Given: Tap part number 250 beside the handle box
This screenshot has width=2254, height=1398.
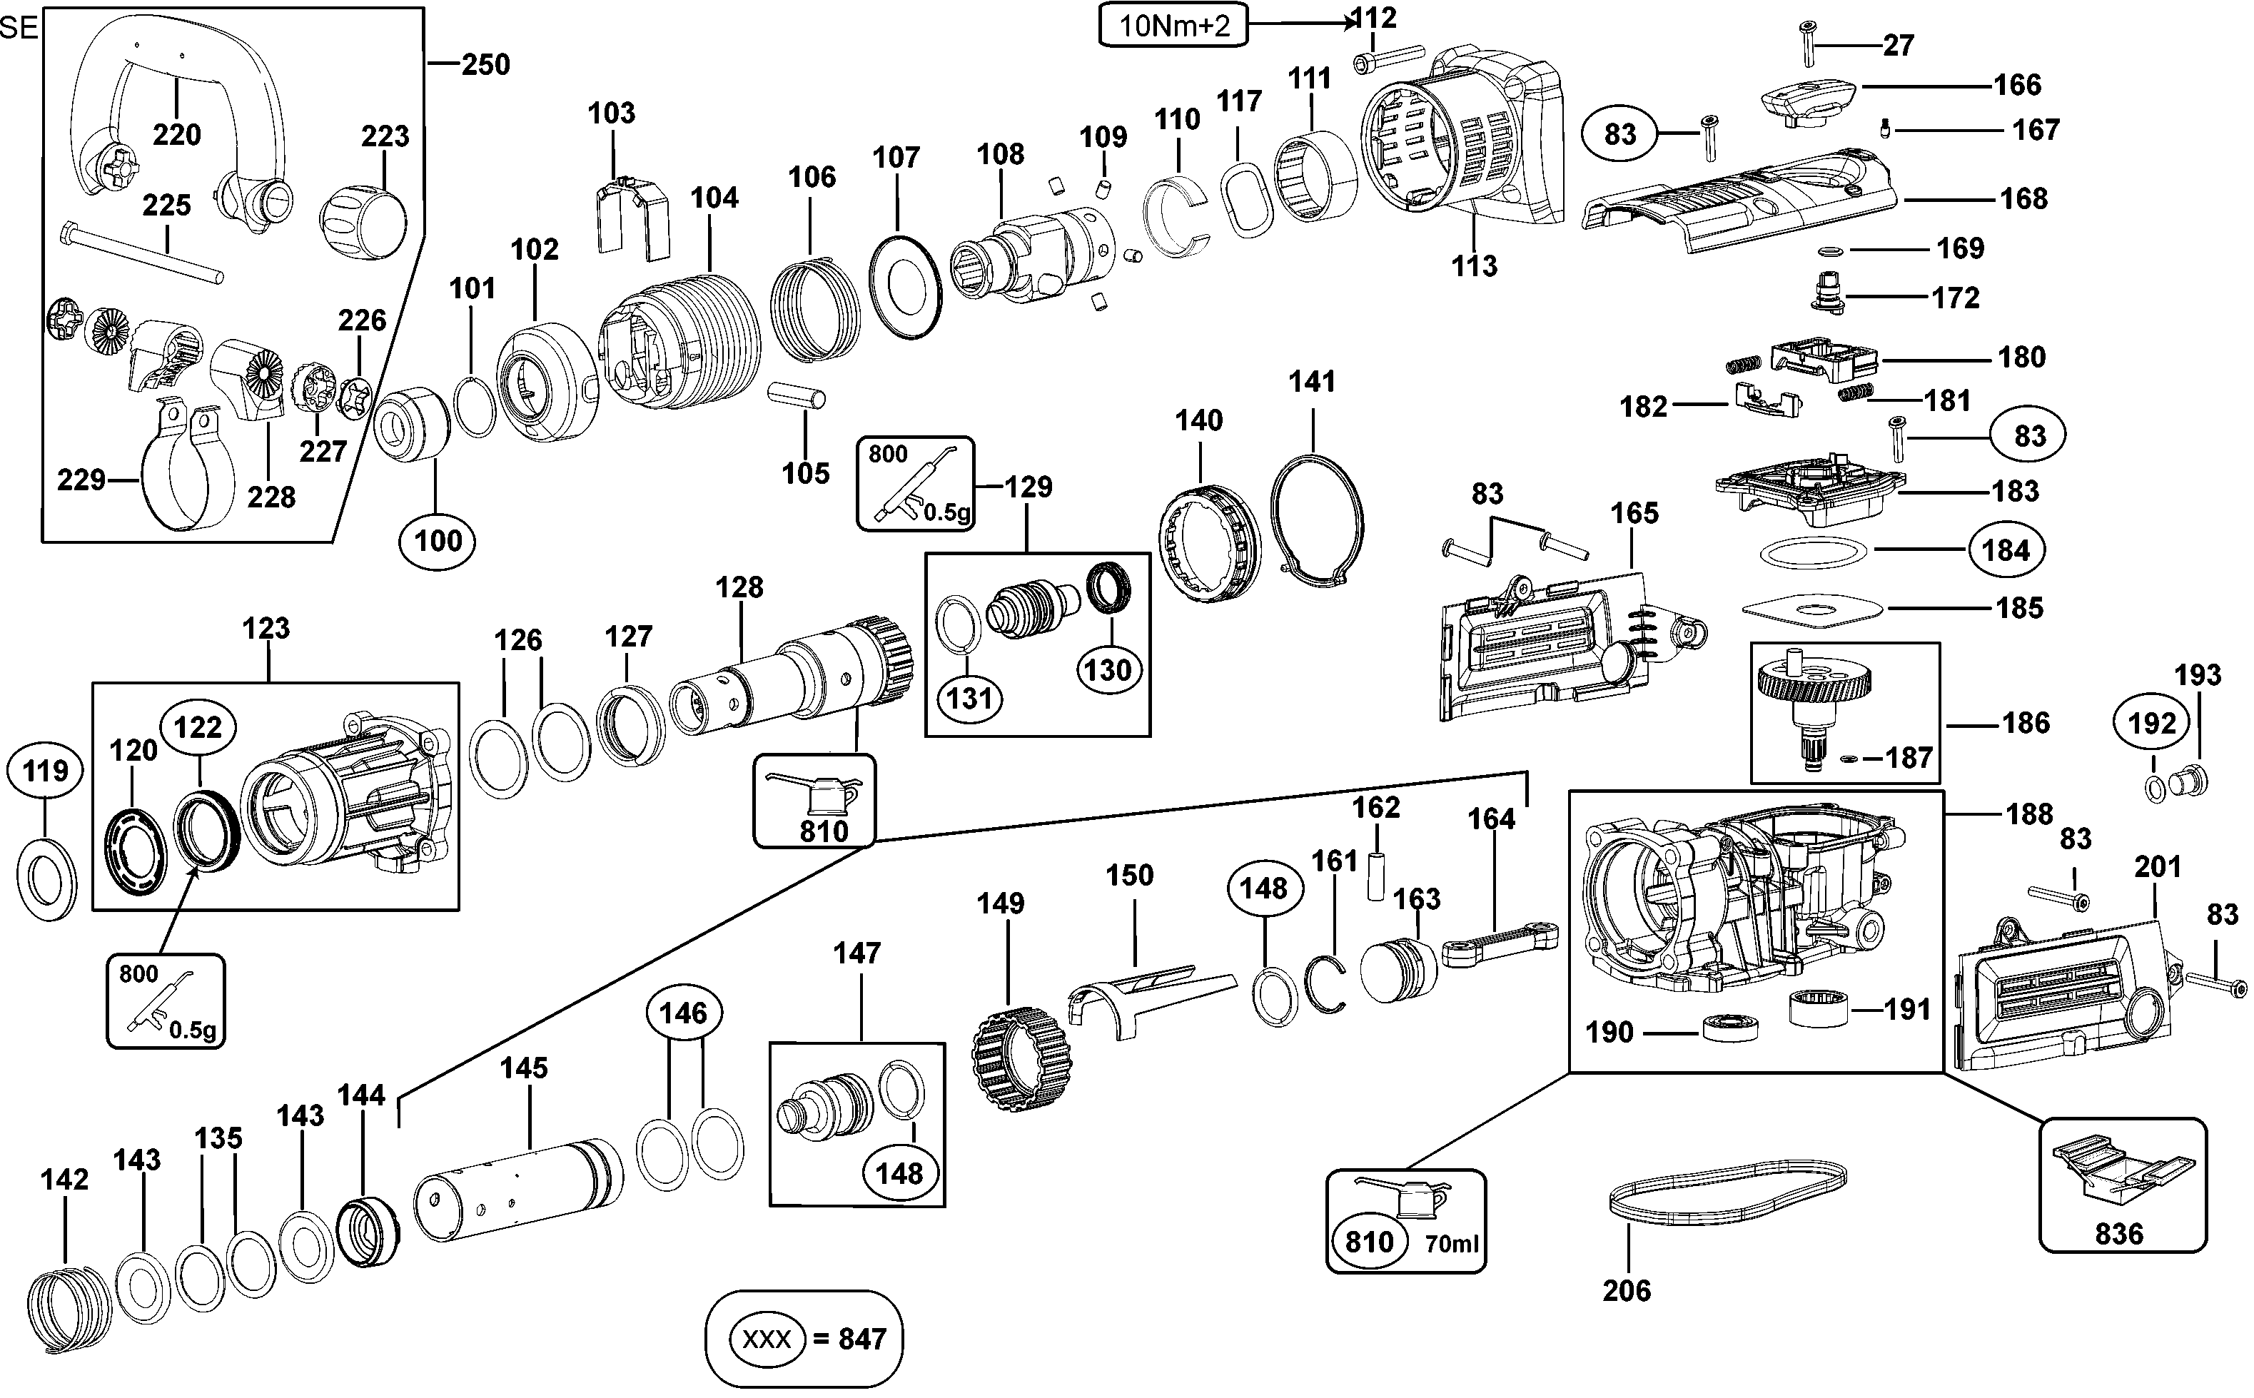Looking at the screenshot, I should pyautogui.click(x=485, y=65).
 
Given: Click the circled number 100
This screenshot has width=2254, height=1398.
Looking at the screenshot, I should pyautogui.click(x=438, y=541).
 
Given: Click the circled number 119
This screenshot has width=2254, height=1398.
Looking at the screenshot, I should pyautogui.click(x=45, y=770).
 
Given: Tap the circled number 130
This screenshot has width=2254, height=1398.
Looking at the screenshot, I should pyautogui.click(x=1108, y=669).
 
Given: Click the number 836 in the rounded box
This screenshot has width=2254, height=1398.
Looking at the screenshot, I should pyautogui.click(x=2119, y=1233).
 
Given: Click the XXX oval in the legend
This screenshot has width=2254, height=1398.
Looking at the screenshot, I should pyautogui.click(x=767, y=1339).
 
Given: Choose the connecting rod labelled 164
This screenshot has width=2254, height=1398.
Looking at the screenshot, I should pyautogui.click(x=1500, y=944).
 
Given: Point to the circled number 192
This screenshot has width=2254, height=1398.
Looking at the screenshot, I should pyautogui.click(x=2153, y=722).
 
